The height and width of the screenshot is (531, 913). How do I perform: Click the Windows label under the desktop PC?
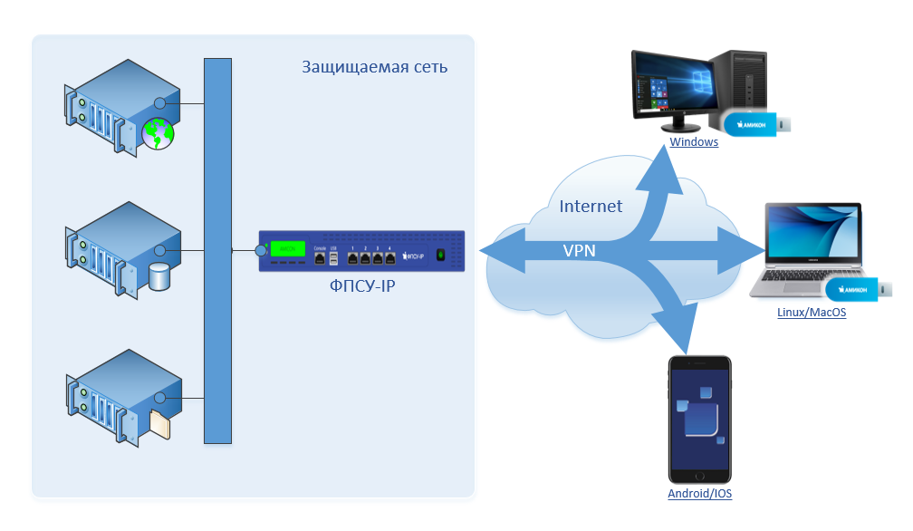click(x=694, y=142)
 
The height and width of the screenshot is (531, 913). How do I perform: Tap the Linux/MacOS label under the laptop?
click(x=812, y=312)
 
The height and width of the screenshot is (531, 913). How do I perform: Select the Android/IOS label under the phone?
click(x=699, y=494)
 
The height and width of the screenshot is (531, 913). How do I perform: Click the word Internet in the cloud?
click(x=591, y=206)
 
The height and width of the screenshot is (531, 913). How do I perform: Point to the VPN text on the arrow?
click(x=580, y=250)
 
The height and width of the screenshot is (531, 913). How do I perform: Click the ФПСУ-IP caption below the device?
click(x=362, y=286)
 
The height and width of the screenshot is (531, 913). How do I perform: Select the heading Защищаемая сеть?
click(x=374, y=67)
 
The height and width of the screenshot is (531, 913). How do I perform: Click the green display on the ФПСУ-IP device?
click(x=288, y=248)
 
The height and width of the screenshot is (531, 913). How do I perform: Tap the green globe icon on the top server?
click(x=158, y=134)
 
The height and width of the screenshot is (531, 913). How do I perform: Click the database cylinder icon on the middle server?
click(x=159, y=276)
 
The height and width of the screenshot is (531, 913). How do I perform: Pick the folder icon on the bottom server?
click(x=159, y=423)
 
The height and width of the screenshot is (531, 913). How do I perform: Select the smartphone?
click(x=699, y=420)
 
